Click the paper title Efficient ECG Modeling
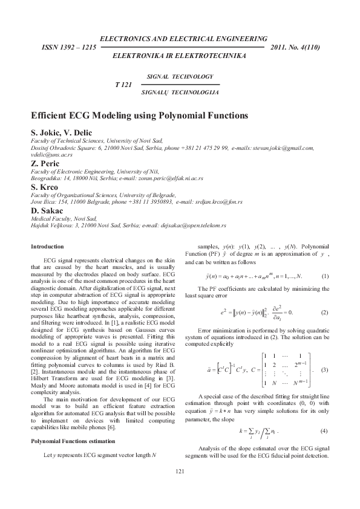point(139,115)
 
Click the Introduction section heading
point(47,247)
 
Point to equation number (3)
point(325,369)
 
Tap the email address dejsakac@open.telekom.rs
point(193,225)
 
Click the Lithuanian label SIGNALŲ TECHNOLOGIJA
point(179,92)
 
